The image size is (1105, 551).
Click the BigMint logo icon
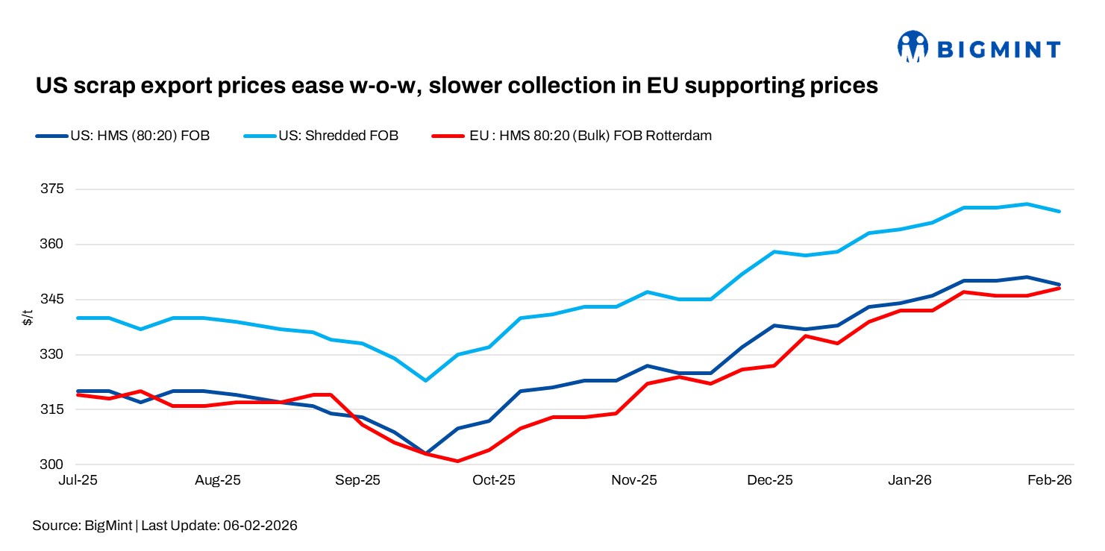click(912, 47)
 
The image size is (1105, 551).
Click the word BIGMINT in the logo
click(998, 50)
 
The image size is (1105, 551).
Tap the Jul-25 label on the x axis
click(78, 481)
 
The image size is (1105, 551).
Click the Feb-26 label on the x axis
click(1050, 481)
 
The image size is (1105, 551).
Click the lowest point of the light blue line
click(425, 380)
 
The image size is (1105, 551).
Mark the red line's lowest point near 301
click(457, 461)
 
